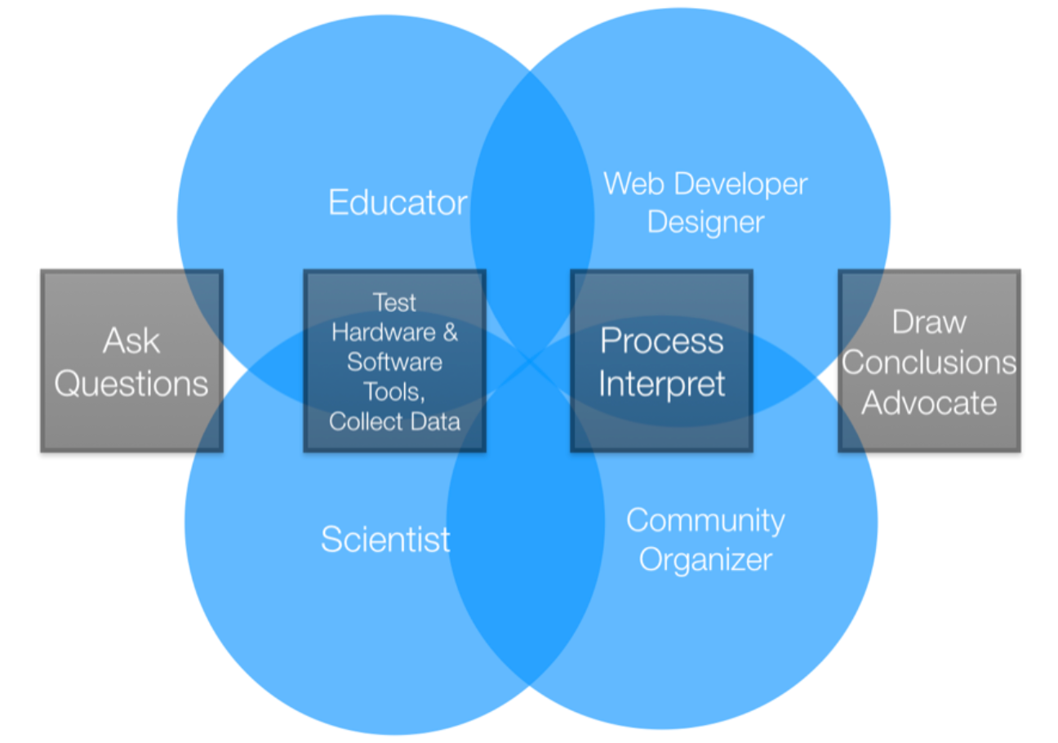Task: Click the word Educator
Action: (398, 202)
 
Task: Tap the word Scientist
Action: (385, 540)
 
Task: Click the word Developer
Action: (732, 185)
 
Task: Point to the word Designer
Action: (705, 222)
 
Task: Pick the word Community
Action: (705, 521)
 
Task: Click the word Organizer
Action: (705, 560)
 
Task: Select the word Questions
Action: (131, 383)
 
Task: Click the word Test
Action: (394, 303)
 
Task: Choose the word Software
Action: (394, 363)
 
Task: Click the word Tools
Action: (394, 392)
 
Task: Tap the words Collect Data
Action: (394, 422)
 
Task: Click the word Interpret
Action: (662, 384)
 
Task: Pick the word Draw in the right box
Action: (929, 322)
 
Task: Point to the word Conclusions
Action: (929, 363)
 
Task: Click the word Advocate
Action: (929, 403)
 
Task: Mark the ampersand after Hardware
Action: (449, 333)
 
